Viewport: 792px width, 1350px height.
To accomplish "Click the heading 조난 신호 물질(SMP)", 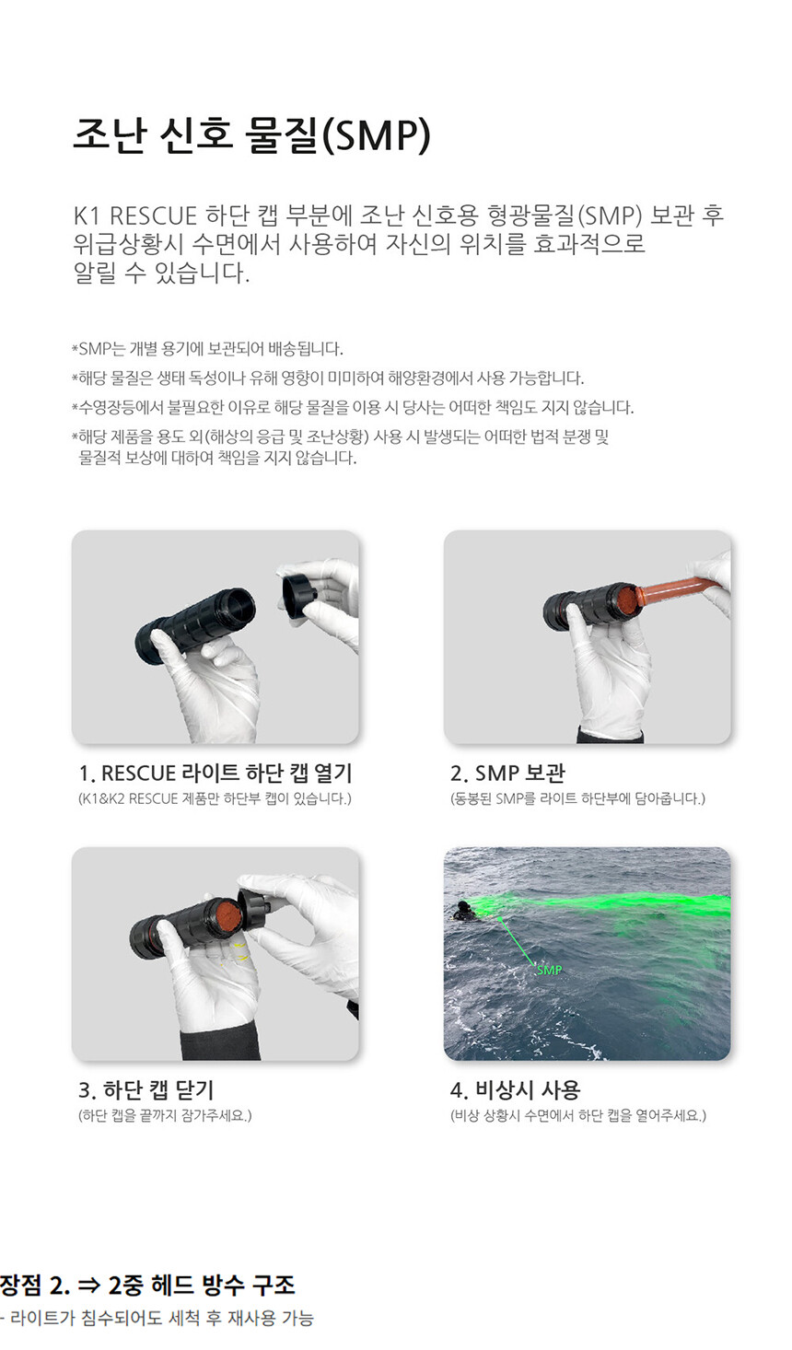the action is (x=252, y=135).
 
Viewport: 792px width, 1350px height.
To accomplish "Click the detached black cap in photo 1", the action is (x=299, y=594).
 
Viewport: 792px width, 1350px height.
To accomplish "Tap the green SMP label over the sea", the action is (x=549, y=970).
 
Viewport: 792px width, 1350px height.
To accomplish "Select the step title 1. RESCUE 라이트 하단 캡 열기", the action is (x=215, y=773).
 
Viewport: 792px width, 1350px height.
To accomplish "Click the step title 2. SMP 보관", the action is (x=507, y=773).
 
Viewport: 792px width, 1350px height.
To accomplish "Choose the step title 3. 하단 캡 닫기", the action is (x=146, y=1089).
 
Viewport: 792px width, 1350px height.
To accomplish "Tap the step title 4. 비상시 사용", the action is (x=516, y=1089).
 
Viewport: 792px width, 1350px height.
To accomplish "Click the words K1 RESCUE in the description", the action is (x=135, y=215).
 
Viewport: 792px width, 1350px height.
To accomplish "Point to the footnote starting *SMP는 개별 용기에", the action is (x=207, y=349).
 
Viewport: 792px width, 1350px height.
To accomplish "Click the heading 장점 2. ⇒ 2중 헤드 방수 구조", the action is (x=147, y=1285).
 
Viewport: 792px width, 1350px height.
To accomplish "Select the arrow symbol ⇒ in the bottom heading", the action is (x=89, y=1286).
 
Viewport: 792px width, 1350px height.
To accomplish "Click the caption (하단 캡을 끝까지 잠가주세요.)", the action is (x=165, y=1115).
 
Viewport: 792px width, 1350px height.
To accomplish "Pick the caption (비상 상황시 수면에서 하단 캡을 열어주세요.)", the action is (x=578, y=1115).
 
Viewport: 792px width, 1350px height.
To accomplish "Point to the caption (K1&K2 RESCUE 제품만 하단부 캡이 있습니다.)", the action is (x=215, y=799).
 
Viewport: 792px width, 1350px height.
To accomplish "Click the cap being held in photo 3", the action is (x=256, y=903).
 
